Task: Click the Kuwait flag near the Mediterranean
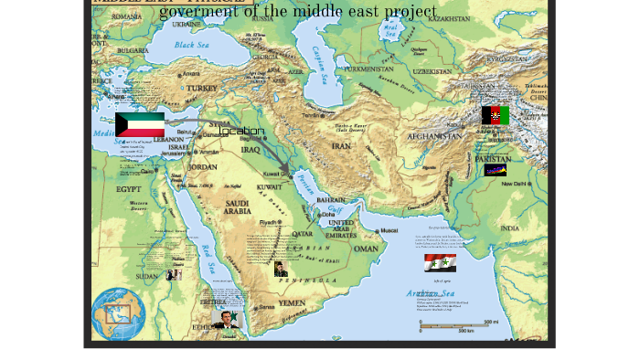140,125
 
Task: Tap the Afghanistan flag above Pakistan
496,115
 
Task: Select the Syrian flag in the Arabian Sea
440,263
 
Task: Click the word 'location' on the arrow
241,131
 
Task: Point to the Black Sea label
191,45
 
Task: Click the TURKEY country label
202,89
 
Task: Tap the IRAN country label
341,146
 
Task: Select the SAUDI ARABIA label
237,207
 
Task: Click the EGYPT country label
129,189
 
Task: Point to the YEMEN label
292,302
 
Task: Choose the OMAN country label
366,249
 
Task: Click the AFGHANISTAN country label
434,136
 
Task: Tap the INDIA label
509,228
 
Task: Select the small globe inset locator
118,313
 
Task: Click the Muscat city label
389,230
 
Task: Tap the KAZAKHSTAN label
449,18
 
